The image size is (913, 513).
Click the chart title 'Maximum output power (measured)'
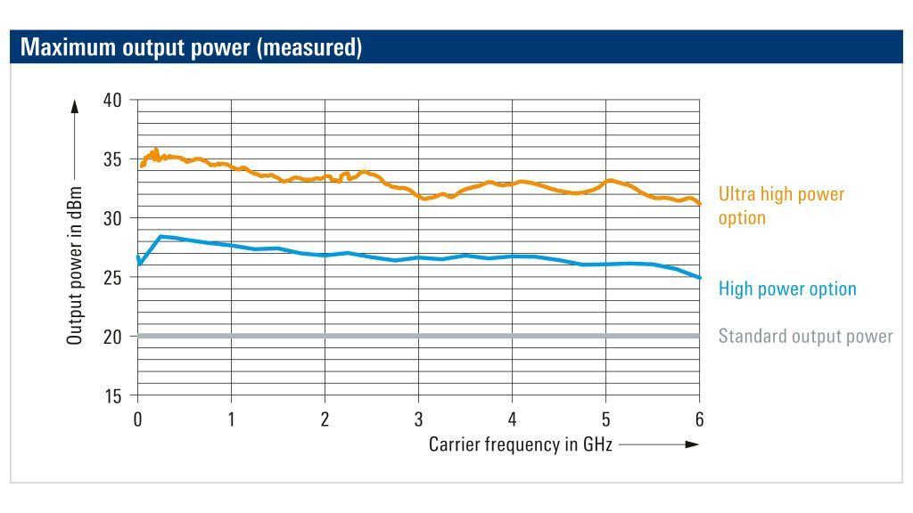point(191,47)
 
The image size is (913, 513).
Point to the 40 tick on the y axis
point(111,100)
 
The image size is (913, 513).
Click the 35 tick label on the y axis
point(111,159)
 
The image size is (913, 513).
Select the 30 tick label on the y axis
point(111,218)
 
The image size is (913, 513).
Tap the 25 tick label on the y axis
point(111,277)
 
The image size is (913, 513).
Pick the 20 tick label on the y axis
point(111,337)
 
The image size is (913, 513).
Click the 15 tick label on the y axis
point(111,395)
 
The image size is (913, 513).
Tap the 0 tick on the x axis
point(137,419)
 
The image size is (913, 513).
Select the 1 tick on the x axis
point(231,419)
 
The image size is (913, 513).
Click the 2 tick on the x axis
point(325,419)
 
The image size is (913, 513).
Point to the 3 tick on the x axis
point(418,419)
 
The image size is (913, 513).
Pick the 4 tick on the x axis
point(512,419)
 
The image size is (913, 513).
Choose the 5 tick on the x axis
point(605,419)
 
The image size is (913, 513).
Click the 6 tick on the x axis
point(699,419)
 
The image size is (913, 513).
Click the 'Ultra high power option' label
point(781,206)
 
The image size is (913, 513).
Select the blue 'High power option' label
point(787,289)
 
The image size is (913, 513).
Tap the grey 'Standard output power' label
point(805,337)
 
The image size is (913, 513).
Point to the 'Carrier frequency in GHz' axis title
point(521,444)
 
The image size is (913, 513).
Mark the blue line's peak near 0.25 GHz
point(160,236)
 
